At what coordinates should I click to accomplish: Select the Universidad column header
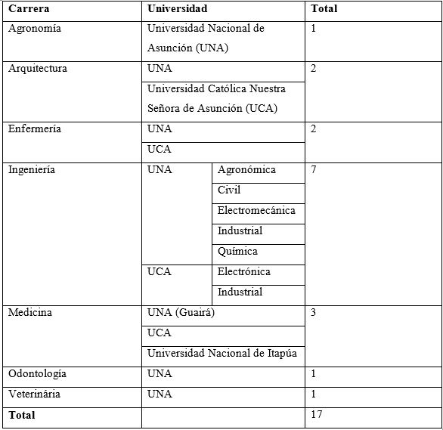coord(177,9)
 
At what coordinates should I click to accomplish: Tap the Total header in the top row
coord(324,9)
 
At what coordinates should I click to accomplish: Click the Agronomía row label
coord(34,29)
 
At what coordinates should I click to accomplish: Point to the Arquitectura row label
coord(37,69)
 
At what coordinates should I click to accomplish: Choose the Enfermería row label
coord(35,129)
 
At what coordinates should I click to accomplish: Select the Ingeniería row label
coord(32,170)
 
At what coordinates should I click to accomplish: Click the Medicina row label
coord(29,313)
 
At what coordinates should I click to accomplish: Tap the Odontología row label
coord(37,374)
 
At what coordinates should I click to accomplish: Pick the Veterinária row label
coord(34,394)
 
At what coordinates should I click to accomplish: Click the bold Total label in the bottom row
coord(21,415)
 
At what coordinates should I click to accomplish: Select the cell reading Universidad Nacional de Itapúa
coord(221,354)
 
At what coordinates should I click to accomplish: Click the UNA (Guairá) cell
coord(181,313)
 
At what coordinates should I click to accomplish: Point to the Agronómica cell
coord(246,170)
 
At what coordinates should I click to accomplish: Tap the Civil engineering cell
coord(229,190)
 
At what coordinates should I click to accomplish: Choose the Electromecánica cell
coord(256,211)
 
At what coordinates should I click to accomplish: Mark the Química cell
coord(237,252)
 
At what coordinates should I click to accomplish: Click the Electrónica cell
coord(243,272)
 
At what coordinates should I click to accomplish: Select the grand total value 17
coord(317,415)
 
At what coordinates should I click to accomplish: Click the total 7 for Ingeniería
coord(314,170)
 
